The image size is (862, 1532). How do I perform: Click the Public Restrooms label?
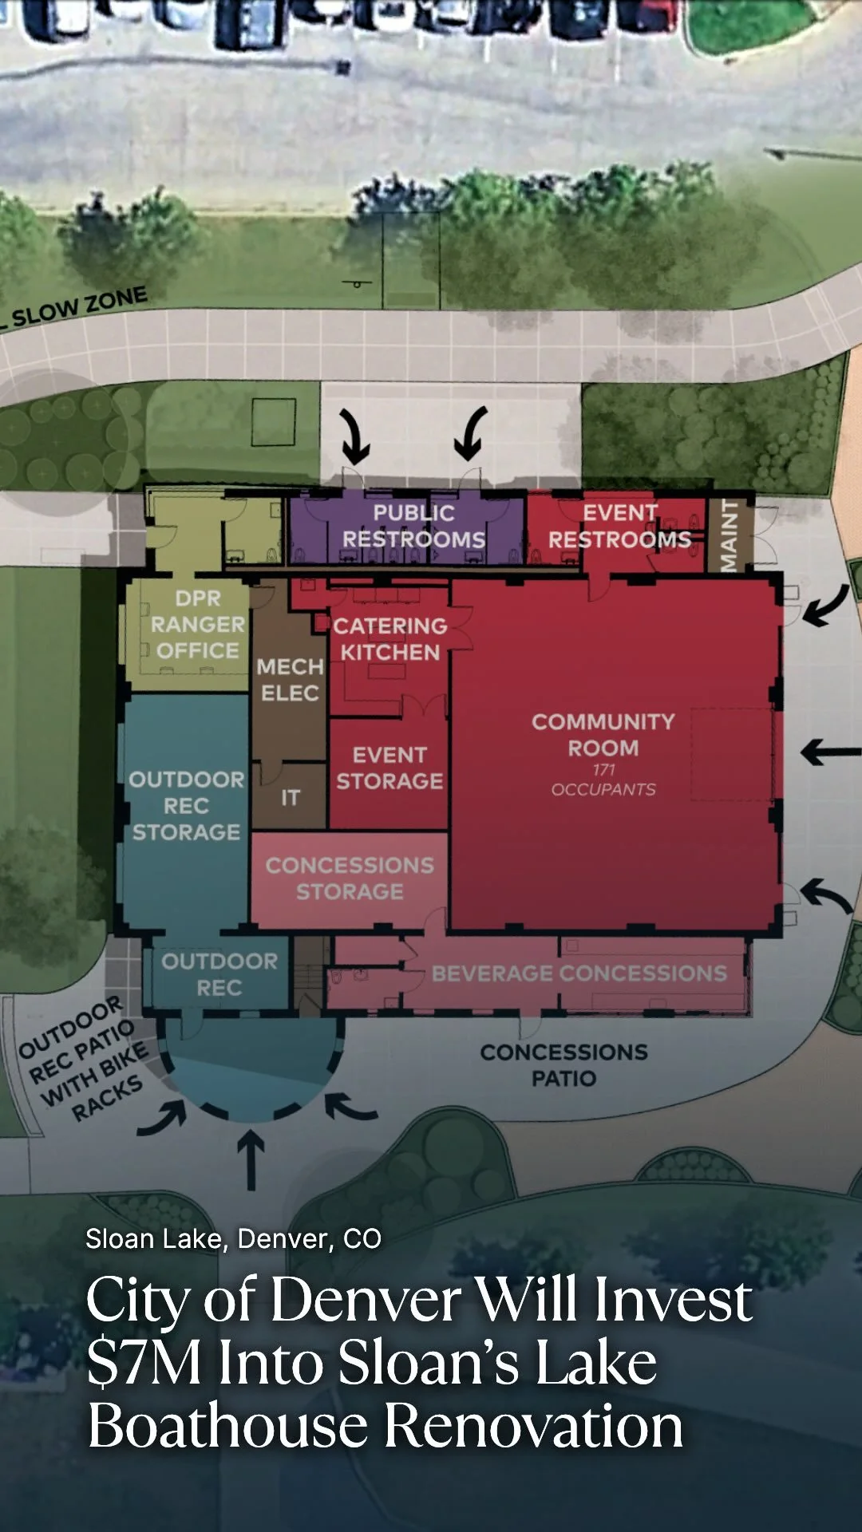coord(413,527)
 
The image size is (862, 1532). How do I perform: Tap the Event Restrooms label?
coord(619,527)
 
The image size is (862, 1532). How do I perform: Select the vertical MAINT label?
coord(729,535)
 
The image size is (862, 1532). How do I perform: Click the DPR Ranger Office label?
coord(197,625)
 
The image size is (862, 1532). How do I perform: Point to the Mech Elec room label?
coord(290,680)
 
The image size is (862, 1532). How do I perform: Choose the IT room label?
coord(290,797)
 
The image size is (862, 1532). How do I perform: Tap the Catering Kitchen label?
coord(389,639)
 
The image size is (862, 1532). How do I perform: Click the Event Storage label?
coord(389,768)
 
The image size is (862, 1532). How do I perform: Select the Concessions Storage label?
coord(350,878)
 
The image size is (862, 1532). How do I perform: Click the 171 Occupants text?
coord(603,780)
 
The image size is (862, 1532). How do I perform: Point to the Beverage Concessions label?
coord(579,973)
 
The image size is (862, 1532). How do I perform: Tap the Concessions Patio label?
coord(563,1065)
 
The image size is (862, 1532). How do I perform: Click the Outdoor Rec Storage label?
coord(186,806)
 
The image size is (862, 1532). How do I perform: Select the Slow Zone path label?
coord(79,307)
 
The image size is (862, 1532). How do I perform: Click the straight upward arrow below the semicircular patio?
coord(251,1161)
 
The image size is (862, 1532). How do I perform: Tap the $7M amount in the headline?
coord(144,1363)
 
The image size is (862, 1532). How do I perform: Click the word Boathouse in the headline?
coord(227,1427)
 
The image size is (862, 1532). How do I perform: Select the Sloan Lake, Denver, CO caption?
coord(233,1239)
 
